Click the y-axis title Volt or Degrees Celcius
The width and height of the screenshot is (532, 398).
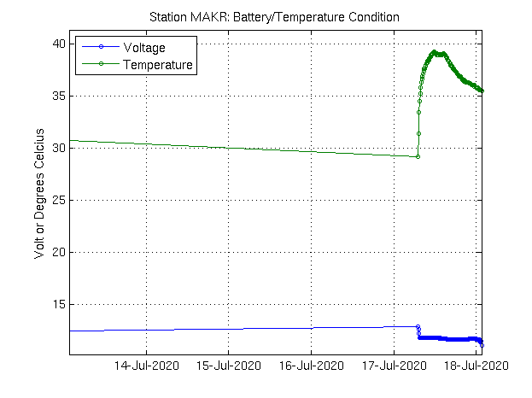point(39,199)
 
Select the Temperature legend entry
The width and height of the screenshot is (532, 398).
point(158,64)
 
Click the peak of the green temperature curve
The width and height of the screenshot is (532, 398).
point(435,52)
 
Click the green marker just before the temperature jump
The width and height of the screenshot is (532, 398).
point(418,156)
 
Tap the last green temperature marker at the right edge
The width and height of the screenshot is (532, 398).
point(482,91)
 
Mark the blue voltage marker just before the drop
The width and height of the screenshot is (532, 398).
point(418,326)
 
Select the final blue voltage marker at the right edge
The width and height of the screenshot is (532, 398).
point(483,345)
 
